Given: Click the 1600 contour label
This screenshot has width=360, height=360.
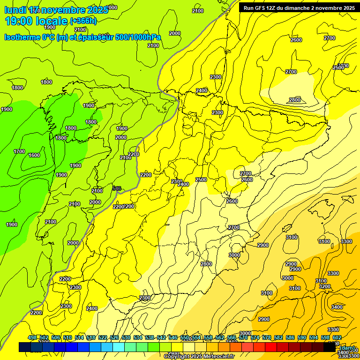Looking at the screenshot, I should [34, 155].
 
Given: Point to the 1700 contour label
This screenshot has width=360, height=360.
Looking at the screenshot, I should [19, 151].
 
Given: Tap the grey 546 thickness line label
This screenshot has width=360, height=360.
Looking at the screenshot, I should [117, 188].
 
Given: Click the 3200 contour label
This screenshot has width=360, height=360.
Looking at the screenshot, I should [324, 286].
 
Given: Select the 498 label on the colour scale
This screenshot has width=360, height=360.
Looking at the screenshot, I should [32, 338].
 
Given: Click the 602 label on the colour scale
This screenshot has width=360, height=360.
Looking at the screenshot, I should [337, 338].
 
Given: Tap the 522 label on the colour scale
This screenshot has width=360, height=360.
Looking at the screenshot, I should [103, 338].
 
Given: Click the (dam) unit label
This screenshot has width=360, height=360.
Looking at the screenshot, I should [347, 347].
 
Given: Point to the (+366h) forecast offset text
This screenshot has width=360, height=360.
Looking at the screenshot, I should [83, 21].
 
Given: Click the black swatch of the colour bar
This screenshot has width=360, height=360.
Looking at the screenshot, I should [329, 347].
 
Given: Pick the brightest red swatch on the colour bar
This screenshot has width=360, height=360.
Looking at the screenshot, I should [271, 347].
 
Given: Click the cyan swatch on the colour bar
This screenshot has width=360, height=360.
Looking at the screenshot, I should [119, 347].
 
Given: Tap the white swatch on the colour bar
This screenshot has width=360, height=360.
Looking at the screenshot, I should [189, 347].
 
